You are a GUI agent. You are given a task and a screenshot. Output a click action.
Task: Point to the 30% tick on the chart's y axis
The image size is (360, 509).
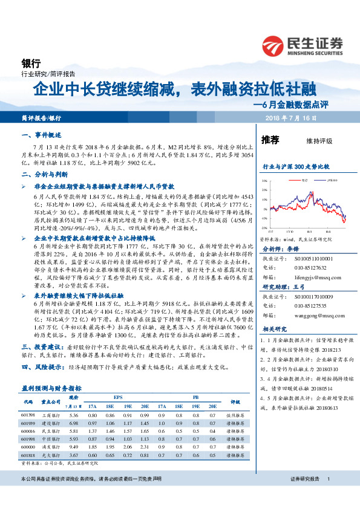click(264, 180)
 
